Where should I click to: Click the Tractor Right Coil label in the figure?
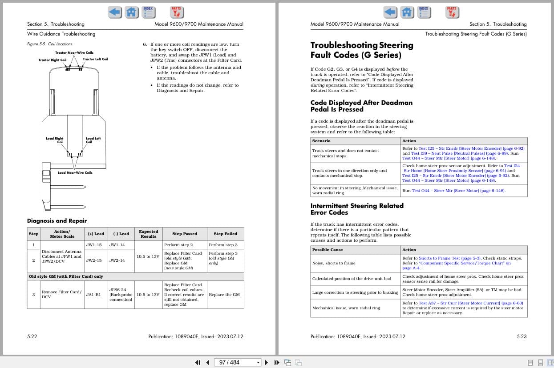coord(52,60)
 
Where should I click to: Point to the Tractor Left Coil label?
coord(95,59)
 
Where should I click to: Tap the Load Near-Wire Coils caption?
coord(75,172)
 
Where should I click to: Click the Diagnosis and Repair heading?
coord(57,220)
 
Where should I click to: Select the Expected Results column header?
coord(148,234)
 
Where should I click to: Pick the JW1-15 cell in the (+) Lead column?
coord(93,245)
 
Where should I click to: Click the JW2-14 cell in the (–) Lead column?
coord(117,260)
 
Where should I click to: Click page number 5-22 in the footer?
coord(32,336)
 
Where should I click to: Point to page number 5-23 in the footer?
coord(522,336)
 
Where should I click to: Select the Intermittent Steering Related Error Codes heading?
coord(357,209)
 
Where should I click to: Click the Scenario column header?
coord(321,141)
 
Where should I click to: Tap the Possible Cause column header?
coord(328,250)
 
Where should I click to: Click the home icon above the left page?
coord(131,12)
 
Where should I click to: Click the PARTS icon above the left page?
coord(177,12)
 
